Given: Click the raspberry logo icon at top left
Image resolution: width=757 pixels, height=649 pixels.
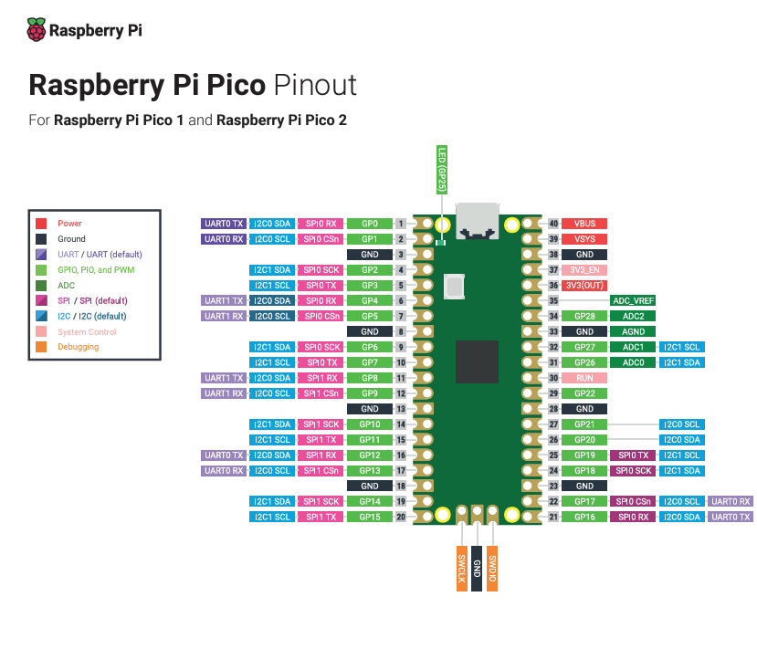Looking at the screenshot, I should point(37,30).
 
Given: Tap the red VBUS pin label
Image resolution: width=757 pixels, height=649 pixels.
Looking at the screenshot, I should point(584,224).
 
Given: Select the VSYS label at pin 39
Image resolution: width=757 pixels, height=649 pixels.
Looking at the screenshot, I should point(584,239).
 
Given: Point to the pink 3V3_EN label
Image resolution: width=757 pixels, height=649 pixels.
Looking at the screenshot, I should point(584,270).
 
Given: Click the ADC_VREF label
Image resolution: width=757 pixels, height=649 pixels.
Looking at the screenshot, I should point(633,300).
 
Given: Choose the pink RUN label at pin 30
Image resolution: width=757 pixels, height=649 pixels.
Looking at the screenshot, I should point(584,378).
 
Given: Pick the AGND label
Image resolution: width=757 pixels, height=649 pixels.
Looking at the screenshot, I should point(633,331).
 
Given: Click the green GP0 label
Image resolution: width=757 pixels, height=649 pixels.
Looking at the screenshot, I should point(370,224).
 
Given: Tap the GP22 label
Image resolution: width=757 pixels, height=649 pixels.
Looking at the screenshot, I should point(584,393).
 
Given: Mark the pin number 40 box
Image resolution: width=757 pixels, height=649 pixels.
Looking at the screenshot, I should point(553,224).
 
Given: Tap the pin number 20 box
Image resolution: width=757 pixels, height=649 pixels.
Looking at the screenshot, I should point(401,518).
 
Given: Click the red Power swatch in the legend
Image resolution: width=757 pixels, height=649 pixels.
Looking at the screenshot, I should point(41,224).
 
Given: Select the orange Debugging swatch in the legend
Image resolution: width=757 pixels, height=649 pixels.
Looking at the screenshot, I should point(41,347).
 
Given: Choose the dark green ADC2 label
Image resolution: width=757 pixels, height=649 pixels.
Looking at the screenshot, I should point(633,316).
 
